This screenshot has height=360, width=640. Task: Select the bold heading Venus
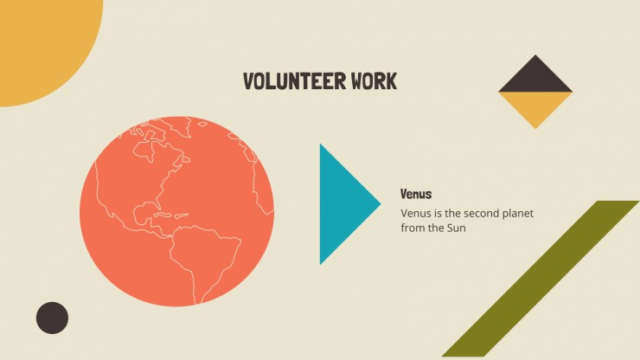[416, 194]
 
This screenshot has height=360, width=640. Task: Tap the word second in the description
[482, 213]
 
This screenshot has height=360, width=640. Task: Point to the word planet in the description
[518, 214]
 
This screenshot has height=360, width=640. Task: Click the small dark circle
[52, 318]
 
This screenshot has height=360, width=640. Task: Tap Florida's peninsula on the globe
[157, 202]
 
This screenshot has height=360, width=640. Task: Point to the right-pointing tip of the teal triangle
[381, 203]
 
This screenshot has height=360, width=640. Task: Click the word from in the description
[413, 228]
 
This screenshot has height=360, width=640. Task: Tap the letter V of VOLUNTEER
[248, 80]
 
